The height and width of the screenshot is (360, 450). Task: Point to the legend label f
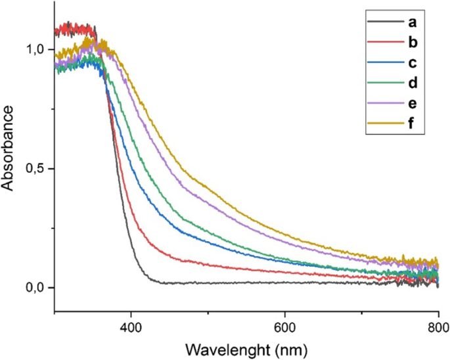pos(411,124)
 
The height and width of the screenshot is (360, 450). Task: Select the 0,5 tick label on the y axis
pos(35,169)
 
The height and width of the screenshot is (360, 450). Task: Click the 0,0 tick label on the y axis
pos(35,288)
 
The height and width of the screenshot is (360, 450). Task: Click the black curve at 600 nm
pos(284,283)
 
